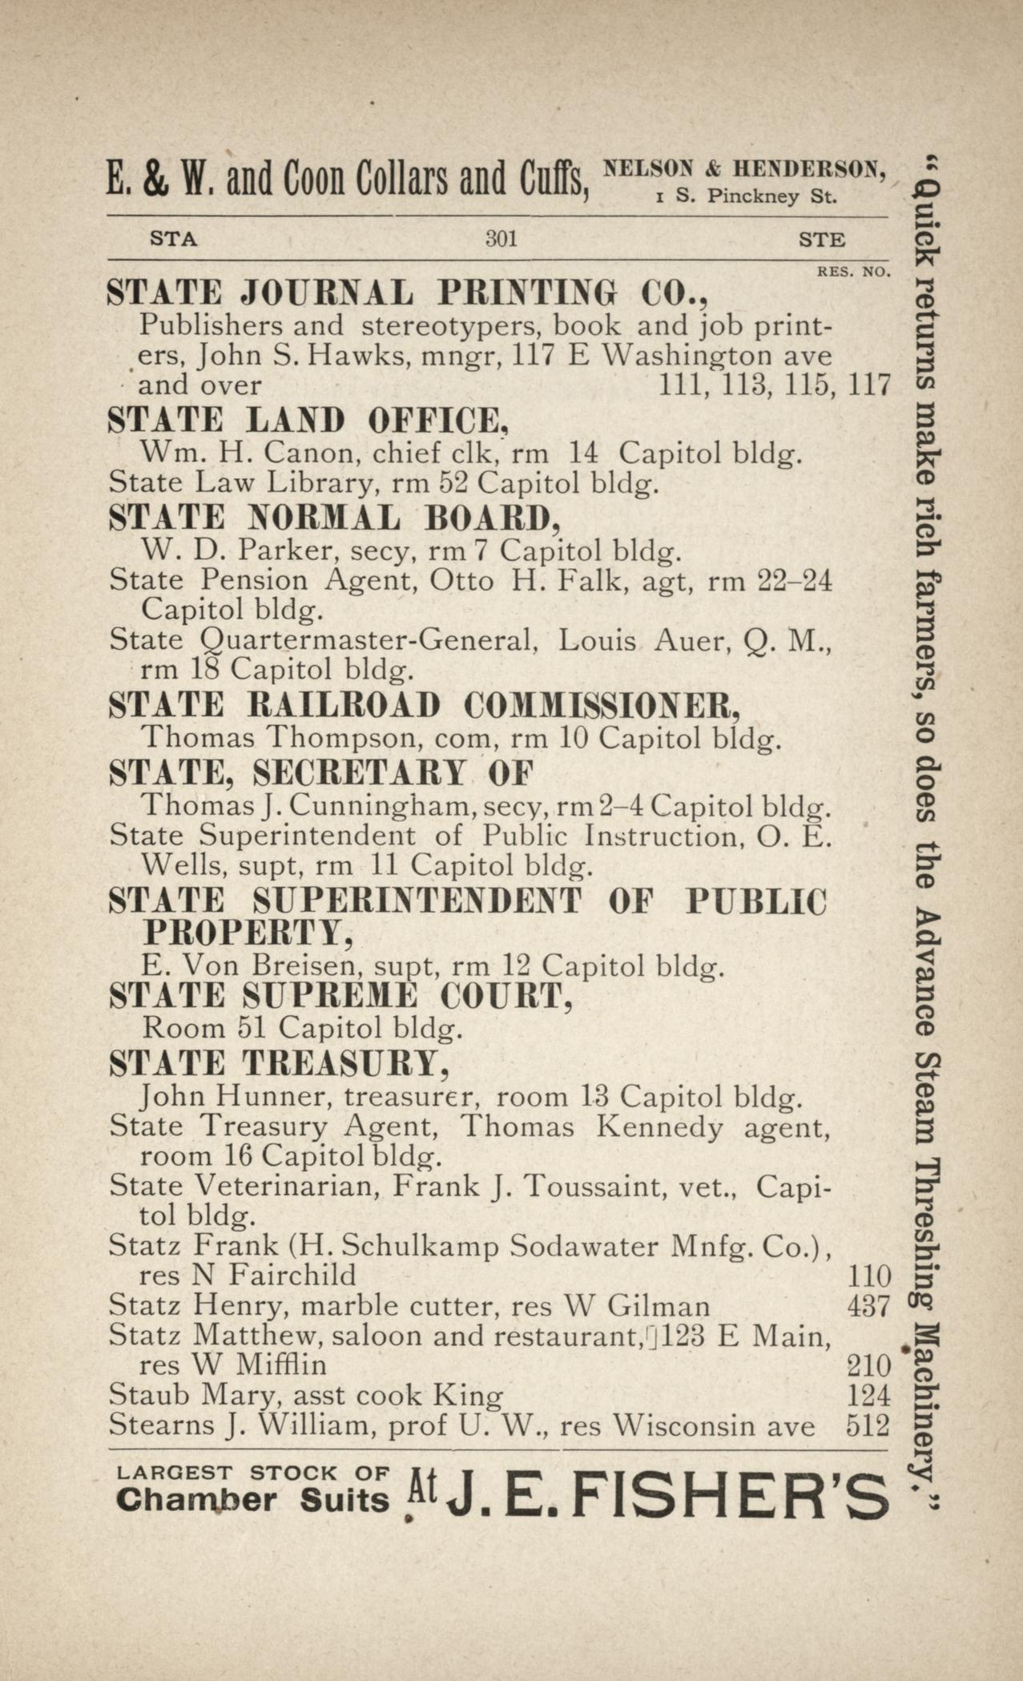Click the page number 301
(501, 239)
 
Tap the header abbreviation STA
(174, 239)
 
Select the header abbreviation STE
(821, 240)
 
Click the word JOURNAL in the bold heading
(329, 293)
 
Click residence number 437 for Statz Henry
(868, 1307)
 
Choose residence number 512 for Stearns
(868, 1425)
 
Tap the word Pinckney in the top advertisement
(753, 196)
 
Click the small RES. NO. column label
(853, 272)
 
